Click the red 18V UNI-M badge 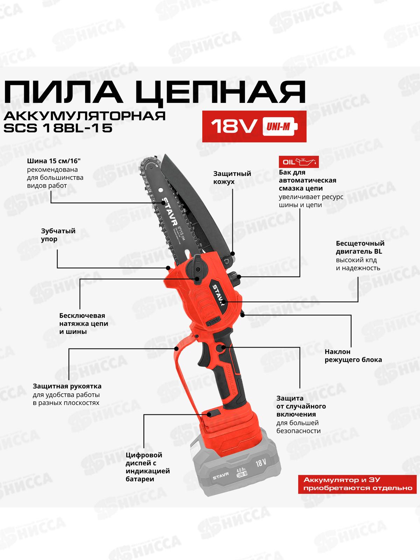(x=254, y=126)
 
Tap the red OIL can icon (x=299, y=162)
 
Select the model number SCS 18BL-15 (x=58, y=128)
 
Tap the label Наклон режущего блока (x=353, y=356)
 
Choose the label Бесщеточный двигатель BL (x=360, y=247)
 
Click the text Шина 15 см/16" (x=56, y=161)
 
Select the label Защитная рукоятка (x=67, y=386)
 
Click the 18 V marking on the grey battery (x=260, y=463)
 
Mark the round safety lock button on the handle (x=221, y=348)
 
